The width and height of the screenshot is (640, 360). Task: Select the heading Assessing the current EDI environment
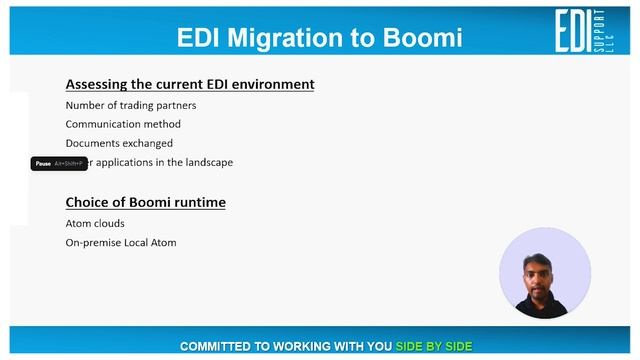tap(190, 84)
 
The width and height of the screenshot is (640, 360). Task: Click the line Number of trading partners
tap(131, 105)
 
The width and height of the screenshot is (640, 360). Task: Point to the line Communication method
tap(123, 124)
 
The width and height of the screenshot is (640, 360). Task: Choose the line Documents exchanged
tap(119, 143)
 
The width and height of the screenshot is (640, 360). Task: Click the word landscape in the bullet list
tap(207, 162)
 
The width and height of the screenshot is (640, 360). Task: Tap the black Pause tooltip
tap(59, 163)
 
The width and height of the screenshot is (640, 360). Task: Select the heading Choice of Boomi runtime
tap(145, 202)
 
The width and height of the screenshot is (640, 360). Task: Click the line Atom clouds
tap(95, 223)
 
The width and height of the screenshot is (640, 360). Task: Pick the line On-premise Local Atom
tap(121, 242)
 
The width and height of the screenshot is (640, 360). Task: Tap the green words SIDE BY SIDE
tap(433, 346)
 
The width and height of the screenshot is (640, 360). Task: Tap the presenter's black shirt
tap(544, 308)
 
